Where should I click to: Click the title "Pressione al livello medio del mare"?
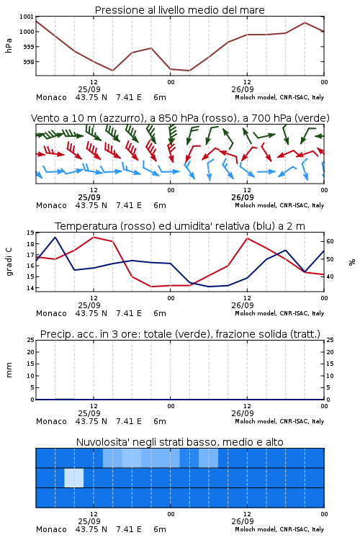(x=179, y=10)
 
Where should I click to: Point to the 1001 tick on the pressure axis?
(x=27, y=17)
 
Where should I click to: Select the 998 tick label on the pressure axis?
(x=28, y=62)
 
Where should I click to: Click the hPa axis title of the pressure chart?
(x=9, y=45)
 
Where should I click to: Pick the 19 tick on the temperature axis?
(x=30, y=233)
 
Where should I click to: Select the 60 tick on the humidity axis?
(x=330, y=241)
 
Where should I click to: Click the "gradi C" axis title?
(x=9, y=261)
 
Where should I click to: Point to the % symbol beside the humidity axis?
(x=352, y=262)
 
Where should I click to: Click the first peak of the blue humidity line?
(x=55, y=237)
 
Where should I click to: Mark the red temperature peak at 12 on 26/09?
(x=247, y=238)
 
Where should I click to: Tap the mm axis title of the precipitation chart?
(x=9, y=370)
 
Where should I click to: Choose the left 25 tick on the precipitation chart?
(x=30, y=341)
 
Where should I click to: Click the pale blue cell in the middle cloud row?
(x=74, y=478)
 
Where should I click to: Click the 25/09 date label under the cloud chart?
(x=89, y=521)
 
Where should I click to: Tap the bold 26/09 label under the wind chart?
(x=243, y=197)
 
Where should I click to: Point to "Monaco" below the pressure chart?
(x=51, y=97)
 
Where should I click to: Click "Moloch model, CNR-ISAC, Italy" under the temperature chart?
(x=279, y=313)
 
